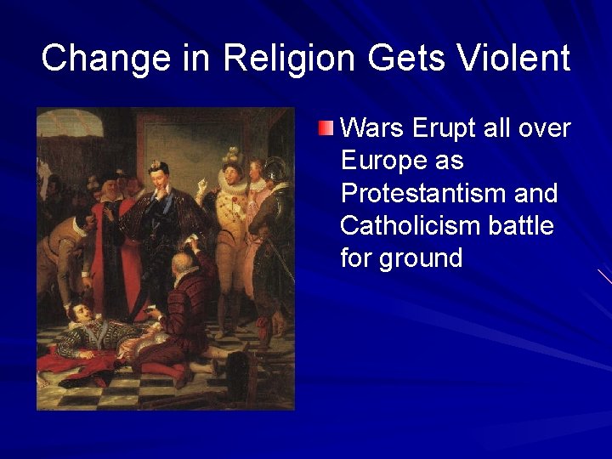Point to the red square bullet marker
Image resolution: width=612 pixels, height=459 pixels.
pos(326,128)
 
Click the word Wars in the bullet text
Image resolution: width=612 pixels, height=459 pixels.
pos(371,128)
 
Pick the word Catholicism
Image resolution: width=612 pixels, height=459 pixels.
pos(408,225)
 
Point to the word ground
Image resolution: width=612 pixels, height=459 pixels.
pos(420,258)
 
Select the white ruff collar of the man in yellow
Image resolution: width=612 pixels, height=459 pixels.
pos(232,181)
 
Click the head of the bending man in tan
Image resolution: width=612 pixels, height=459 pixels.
pos(82,224)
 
